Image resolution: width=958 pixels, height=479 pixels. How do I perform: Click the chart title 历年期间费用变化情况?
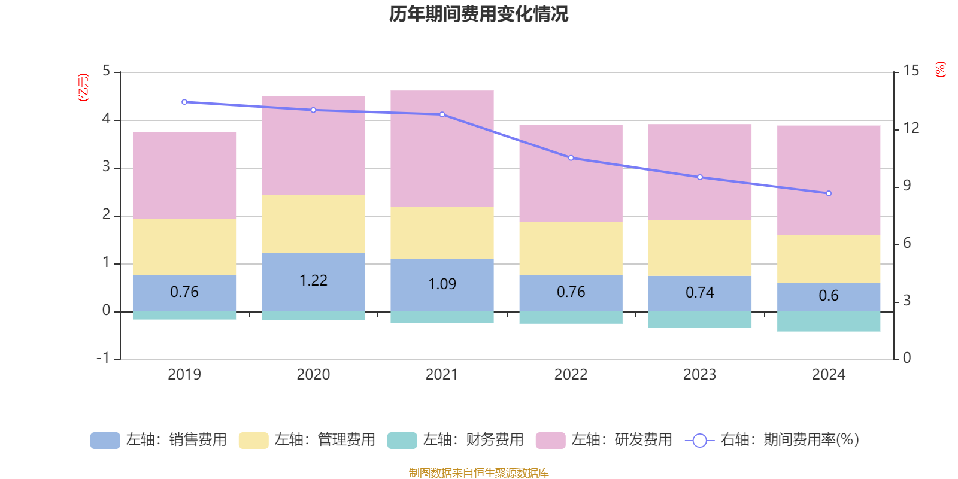click(x=478, y=14)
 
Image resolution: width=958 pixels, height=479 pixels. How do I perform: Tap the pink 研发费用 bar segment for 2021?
click(x=442, y=148)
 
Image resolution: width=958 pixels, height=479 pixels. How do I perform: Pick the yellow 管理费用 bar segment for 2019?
click(x=184, y=247)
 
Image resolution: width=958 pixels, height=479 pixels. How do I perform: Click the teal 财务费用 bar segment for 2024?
click(x=829, y=322)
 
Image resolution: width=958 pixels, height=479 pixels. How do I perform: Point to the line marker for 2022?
click(x=571, y=158)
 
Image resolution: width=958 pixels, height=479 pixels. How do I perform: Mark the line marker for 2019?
click(x=184, y=102)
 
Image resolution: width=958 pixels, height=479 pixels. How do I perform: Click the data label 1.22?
click(x=313, y=281)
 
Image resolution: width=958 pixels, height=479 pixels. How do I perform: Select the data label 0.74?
click(x=700, y=293)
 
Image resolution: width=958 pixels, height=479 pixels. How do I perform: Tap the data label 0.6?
click(x=829, y=296)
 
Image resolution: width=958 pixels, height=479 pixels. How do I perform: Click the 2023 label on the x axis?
click(x=699, y=375)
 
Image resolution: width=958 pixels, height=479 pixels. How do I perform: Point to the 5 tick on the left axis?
click(x=107, y=71)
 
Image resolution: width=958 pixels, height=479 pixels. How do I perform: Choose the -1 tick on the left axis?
click(x=104, y=358)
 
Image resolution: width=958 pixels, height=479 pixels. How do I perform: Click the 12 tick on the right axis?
click(x=911, y=128)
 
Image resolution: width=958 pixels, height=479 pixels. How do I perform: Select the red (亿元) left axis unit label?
click(x=84, y=87)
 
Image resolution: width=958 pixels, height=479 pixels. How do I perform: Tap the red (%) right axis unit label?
click(x=941, y=69)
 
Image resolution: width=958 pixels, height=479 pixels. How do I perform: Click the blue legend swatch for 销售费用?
click(x=105, y=441)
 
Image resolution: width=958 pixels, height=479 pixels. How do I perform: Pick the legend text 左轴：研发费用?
click(x=622, y=440)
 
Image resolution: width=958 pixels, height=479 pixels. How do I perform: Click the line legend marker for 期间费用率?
click(x=699, y=441)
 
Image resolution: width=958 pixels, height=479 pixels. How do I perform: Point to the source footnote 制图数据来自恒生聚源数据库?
click(x=478, y=473)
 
